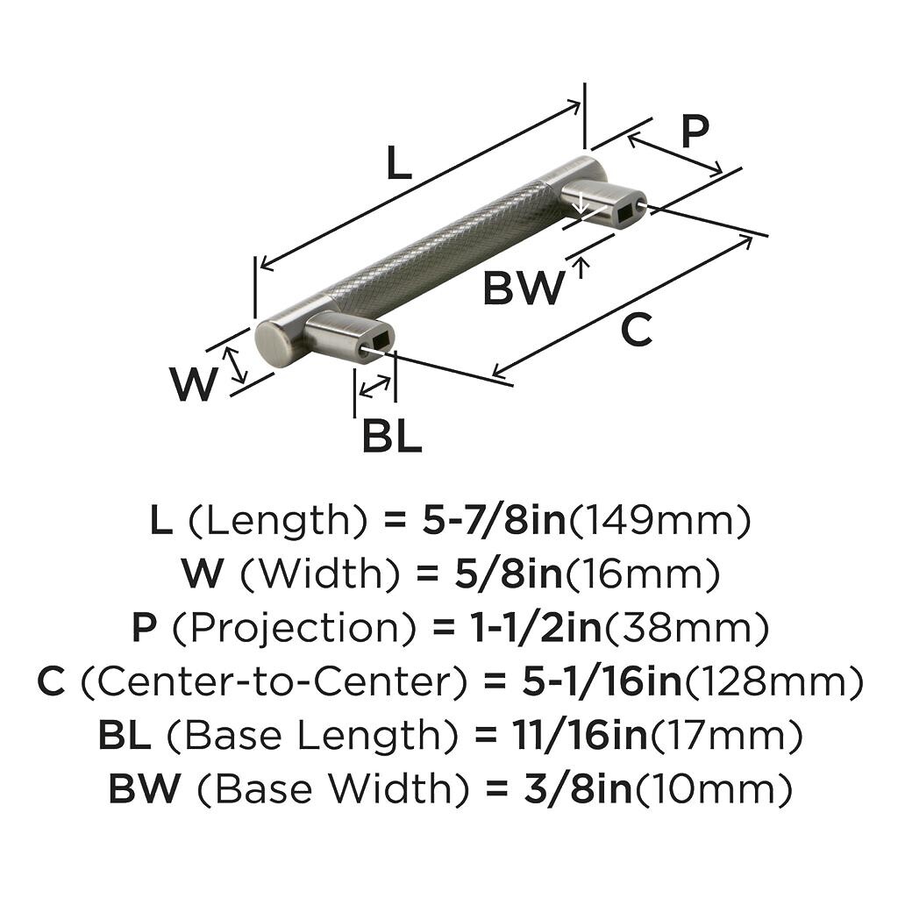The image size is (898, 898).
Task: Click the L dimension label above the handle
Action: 398,164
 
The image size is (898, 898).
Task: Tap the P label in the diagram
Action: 695,133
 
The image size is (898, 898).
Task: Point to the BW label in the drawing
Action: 524,288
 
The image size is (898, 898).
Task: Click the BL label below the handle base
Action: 392,436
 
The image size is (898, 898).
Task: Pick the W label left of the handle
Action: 193,384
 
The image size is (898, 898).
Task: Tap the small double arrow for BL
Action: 375,386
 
